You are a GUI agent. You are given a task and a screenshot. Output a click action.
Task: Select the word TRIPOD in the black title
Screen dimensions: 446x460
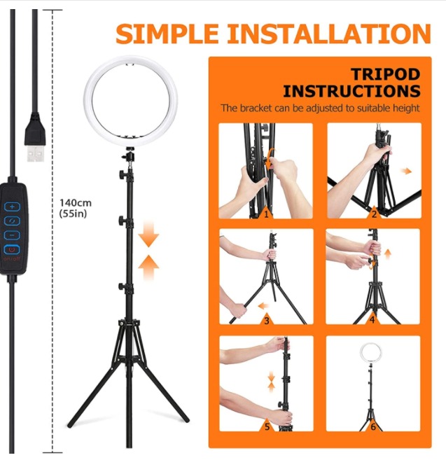pyautogui.click(x=385, y=74)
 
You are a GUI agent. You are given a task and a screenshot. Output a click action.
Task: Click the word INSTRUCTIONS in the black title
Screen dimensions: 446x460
pyautogui.click(x=351, y=91)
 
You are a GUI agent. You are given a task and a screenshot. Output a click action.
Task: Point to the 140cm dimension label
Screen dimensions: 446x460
pyautogui.click(x=76, y=203)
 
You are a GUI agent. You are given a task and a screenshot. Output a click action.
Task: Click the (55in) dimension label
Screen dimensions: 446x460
pyautogui.click(x=73, y=214)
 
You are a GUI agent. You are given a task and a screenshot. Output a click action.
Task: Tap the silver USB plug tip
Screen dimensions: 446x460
pyautogui.click(x=36, y=153)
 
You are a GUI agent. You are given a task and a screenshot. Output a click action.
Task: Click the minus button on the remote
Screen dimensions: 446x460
pyautogui.click(x=12, y=235)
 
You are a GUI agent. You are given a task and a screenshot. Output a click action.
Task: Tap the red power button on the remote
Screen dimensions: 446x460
pyautogui.click(x=12, y=250)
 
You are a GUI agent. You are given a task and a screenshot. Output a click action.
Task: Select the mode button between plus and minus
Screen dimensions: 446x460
pyautogui.click(x=12, y=221)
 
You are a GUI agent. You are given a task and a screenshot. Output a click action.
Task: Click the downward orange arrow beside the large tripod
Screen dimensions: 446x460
pyautogui.click(x=148, y=234)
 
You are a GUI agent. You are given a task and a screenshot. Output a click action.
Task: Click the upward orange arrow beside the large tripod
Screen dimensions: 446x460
pyautogui.click(x=148, y=267)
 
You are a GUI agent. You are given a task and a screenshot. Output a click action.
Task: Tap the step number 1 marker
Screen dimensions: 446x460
pyautogui.click(x=266, y=214)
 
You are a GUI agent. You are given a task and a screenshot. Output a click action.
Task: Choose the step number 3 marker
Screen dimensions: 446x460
pyautogui.click(x=267, y=320)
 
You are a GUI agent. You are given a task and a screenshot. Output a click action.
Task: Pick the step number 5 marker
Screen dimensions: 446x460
pyautogui.click(x=267, y=426)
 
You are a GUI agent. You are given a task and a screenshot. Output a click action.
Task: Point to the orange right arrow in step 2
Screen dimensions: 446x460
pyautogui.click(x=406, y=171)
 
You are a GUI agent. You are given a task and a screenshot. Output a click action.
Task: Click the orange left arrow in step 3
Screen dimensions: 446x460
pyautogui.click(x=263, y=306)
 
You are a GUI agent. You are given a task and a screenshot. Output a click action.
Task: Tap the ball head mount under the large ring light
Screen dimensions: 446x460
pyautogui.click(x=129, y=153)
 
